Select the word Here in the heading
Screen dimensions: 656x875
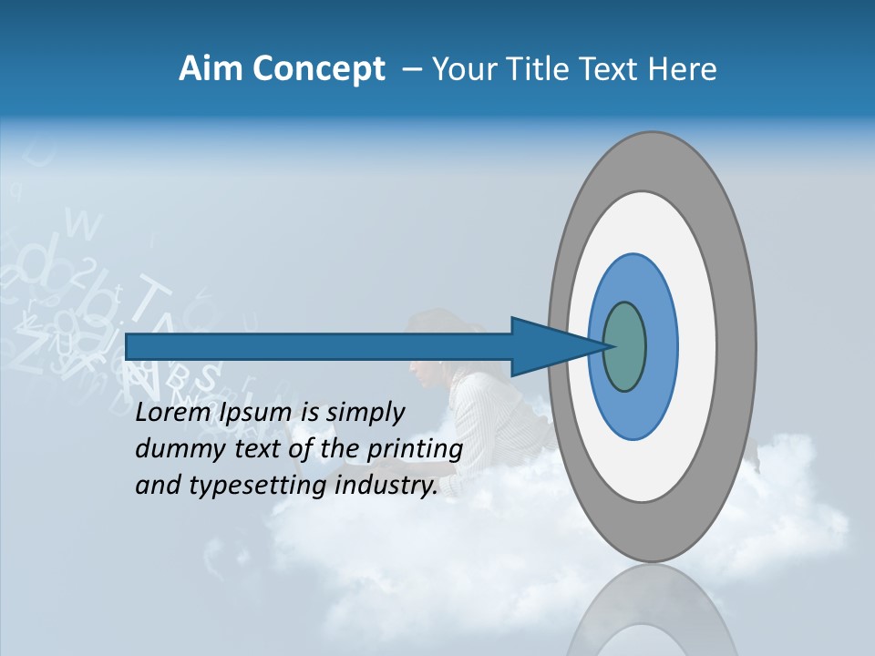click(x=684, y=69)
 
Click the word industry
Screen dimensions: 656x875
click(x=386, y=486)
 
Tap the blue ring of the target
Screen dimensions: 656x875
click(x=661, y=347)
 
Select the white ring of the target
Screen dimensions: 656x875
click(x=697, y=347)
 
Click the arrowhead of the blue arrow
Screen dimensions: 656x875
click(x=547, y=347)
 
